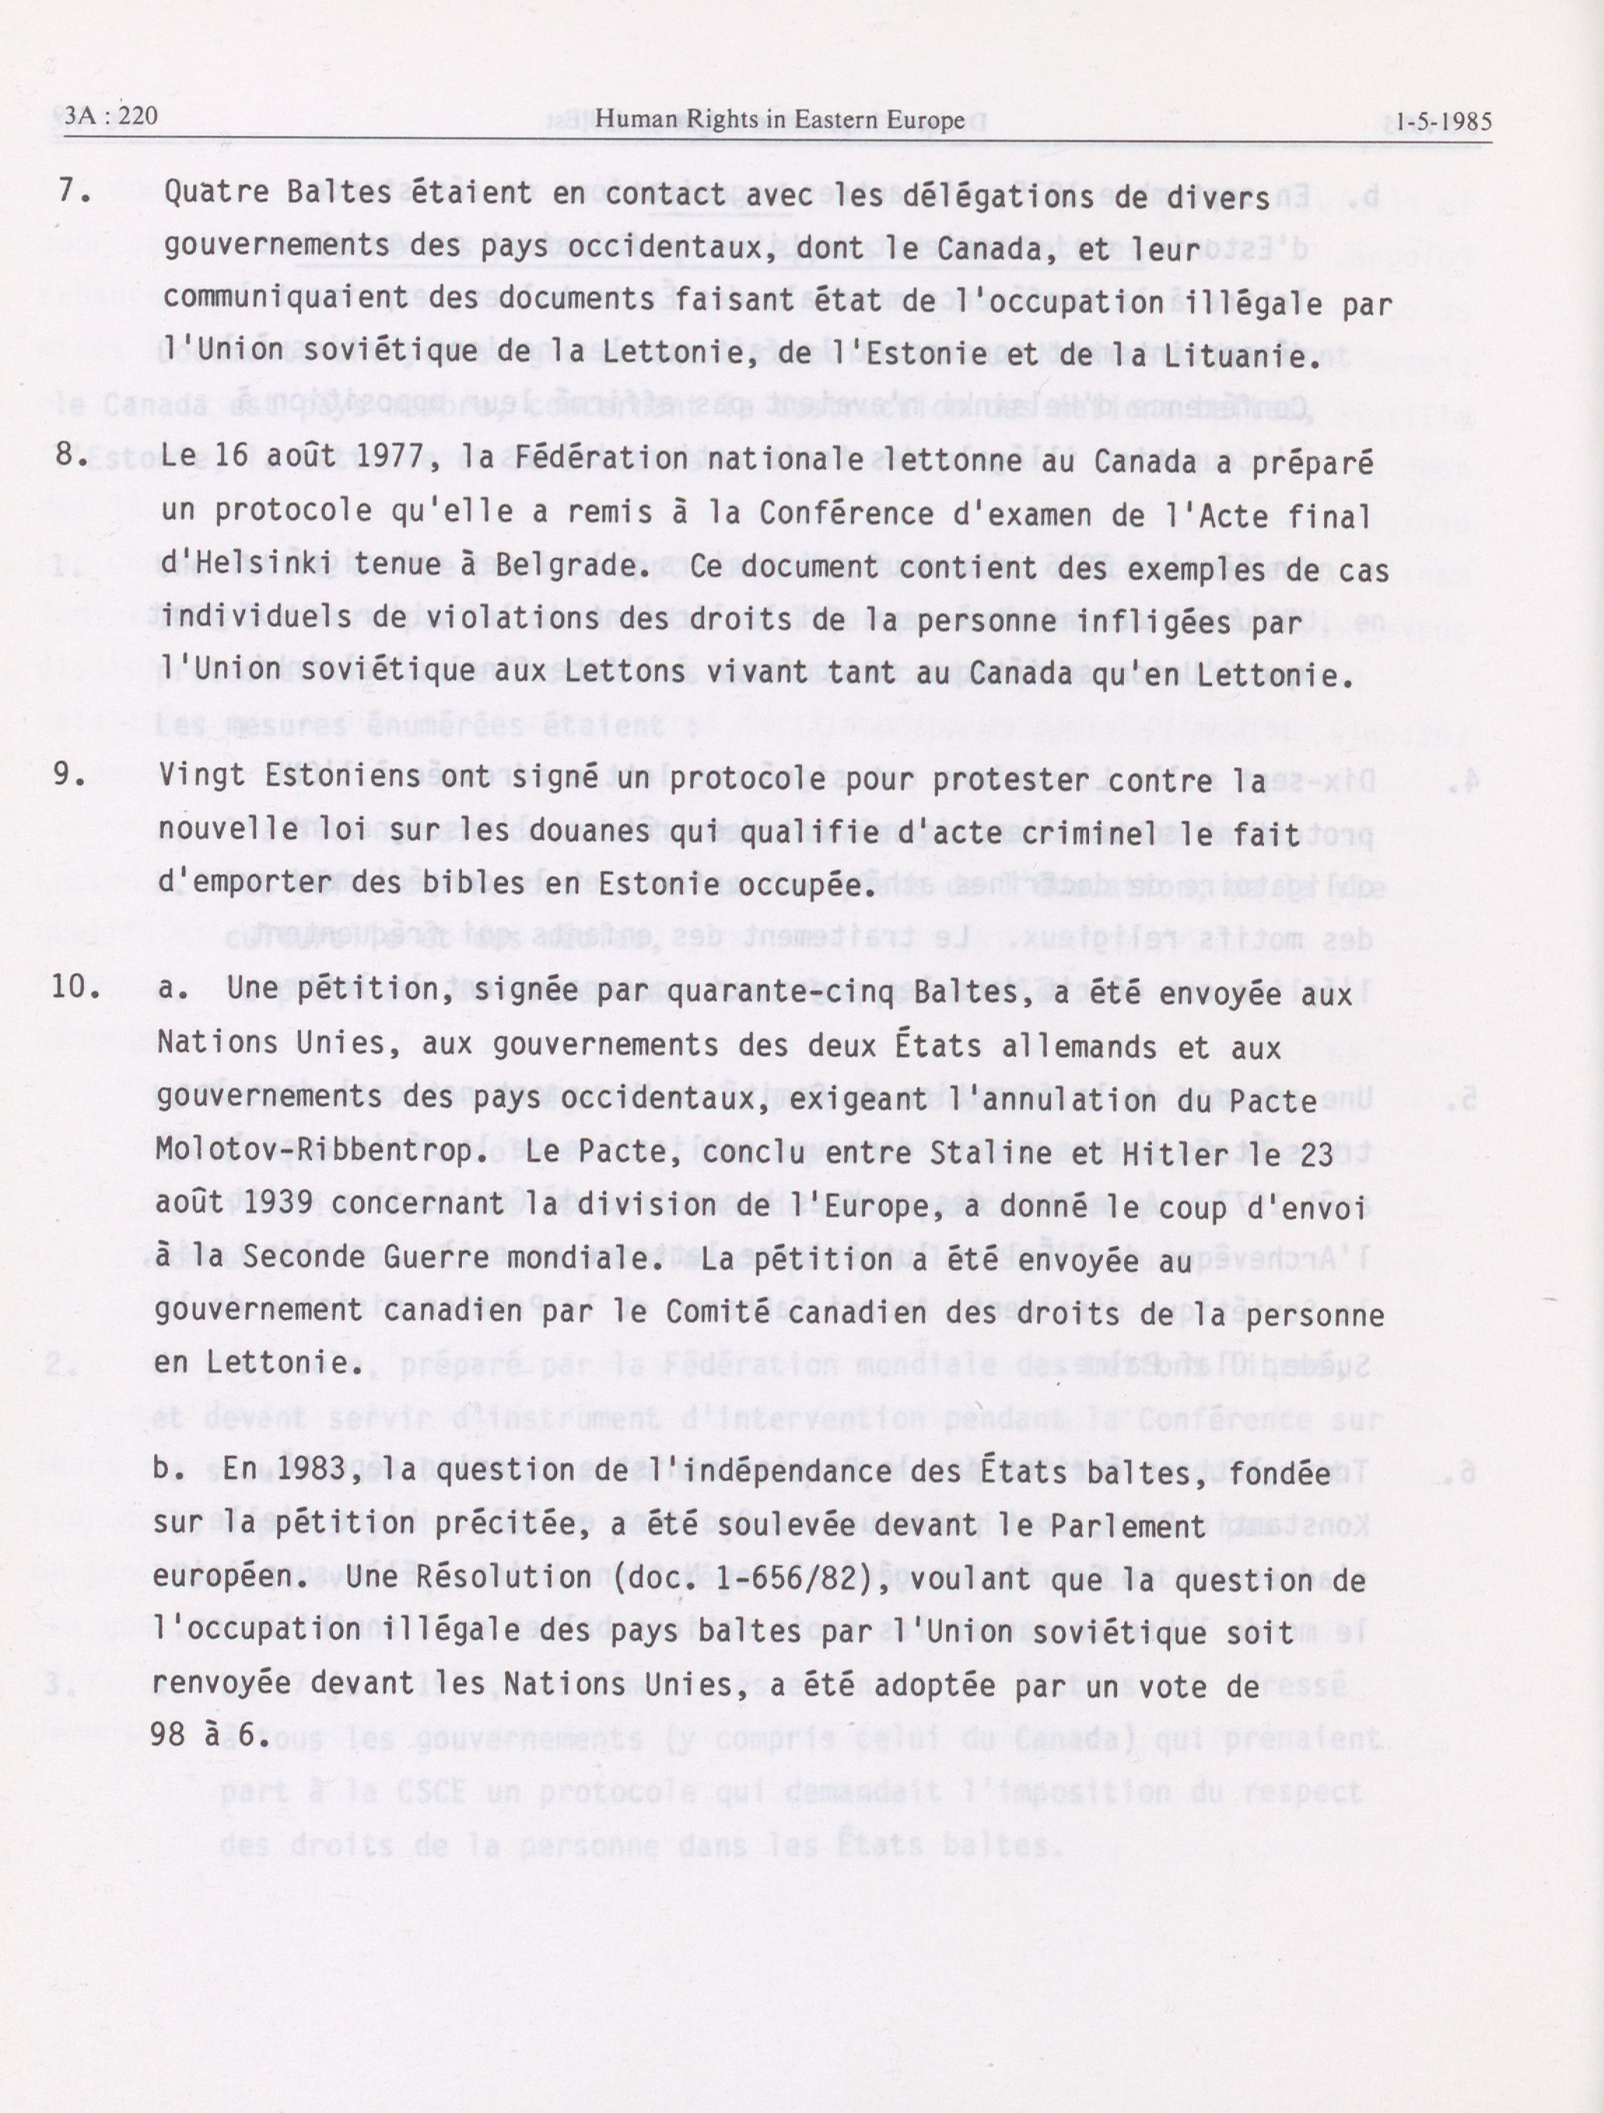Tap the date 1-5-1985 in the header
(1442, 122)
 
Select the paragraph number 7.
(73, 191)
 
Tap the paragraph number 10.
(76, 987)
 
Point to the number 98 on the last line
(168, 1734)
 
